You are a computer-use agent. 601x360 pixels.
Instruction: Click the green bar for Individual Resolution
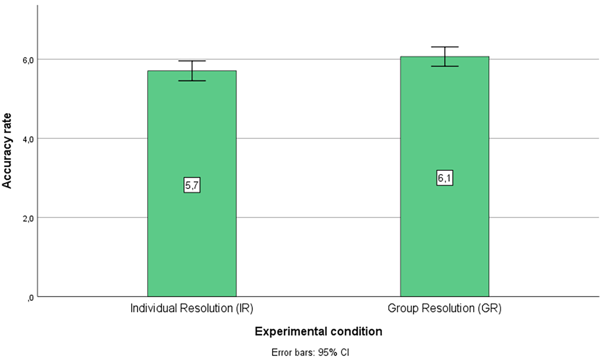[192, 184]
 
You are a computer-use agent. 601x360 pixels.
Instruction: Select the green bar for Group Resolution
[444, 176]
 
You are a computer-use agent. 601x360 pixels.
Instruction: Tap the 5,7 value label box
[192, 185]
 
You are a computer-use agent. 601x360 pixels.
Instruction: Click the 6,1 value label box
[444, 178]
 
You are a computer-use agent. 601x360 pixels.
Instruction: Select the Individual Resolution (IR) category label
[192, 309]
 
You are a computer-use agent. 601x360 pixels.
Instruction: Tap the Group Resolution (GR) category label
[444, 309]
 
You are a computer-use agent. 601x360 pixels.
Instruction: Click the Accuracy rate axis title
[7, 151]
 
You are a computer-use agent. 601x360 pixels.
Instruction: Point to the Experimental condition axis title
[319, 332]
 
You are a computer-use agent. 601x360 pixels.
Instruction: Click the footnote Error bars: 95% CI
[310, 352]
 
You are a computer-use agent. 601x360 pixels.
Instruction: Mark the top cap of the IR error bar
[192, 61]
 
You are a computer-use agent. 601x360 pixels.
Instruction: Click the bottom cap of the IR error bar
[192, 81]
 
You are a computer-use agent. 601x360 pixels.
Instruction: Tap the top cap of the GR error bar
[445, 47]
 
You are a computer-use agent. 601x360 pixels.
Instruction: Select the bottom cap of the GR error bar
[445, 66]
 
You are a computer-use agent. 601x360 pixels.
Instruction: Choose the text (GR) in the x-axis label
[489, 309]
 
